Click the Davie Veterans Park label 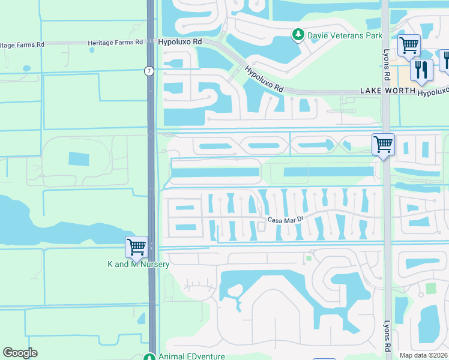(x=345, y=36)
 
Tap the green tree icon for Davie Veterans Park (x=297, y=35)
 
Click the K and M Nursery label (x=138, y=264)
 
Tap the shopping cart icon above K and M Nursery (x=136, y=247)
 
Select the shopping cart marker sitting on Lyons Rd (x=383, y=145)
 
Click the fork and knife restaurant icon (x=421, y=70)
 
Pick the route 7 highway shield (x=149, y=71)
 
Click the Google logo (x=20, y=353)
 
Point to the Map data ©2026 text (x=423, y=355)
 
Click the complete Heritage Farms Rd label (x=115, y=43)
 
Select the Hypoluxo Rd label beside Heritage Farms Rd (x=180, y=43)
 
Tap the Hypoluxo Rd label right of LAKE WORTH (x=433, y=92)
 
